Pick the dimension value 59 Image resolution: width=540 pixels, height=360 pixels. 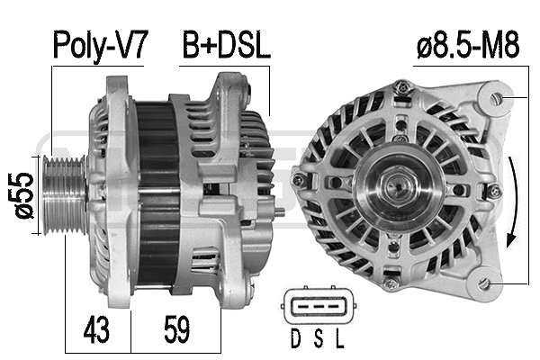point(176,330)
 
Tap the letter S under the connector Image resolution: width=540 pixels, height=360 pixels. point(316,341)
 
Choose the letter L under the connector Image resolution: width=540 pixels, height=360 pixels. point(338,341)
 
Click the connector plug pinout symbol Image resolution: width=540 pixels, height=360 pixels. point(315,309)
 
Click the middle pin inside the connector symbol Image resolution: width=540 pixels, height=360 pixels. point(315,304)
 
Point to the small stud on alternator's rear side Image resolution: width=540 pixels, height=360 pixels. point(282,213)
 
